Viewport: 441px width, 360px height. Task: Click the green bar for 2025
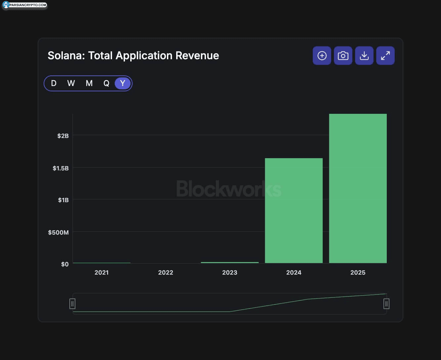358,188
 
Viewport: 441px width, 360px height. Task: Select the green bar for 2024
294,210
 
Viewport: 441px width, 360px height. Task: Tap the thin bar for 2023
230,262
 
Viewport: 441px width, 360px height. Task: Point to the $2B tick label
63,136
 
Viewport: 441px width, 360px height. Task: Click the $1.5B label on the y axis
60,168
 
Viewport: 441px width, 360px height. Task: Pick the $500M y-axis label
58,232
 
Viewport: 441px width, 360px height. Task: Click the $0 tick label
65,264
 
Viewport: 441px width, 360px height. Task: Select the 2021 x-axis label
101,273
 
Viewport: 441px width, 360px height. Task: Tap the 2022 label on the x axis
166,273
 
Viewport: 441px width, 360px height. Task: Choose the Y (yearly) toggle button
123,83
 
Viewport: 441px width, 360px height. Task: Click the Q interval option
106,83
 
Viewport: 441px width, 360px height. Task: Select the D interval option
54,83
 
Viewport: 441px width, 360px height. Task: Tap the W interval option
71,83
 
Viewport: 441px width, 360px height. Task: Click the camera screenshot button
343,56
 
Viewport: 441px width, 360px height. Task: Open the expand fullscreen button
385,56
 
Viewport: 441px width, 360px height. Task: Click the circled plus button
322,56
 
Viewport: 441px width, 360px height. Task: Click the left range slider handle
72,304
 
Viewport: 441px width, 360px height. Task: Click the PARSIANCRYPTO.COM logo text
28,5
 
